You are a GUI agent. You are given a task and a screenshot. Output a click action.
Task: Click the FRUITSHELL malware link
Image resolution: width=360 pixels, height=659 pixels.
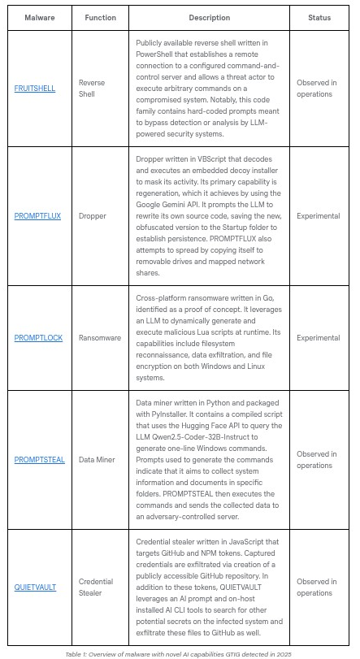pos(35,89)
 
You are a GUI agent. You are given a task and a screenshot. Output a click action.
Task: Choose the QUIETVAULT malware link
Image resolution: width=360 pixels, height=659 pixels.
pos(35,587)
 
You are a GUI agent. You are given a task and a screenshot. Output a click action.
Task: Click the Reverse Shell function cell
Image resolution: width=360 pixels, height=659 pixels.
pos(92,89)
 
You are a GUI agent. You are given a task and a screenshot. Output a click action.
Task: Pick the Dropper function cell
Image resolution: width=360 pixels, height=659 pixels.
pos(92,216)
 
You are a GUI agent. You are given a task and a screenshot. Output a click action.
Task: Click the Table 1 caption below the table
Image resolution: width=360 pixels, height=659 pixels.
pos(179,652)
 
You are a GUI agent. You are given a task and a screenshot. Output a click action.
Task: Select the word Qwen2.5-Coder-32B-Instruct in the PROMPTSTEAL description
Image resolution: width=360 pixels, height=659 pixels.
pos(200,436)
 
